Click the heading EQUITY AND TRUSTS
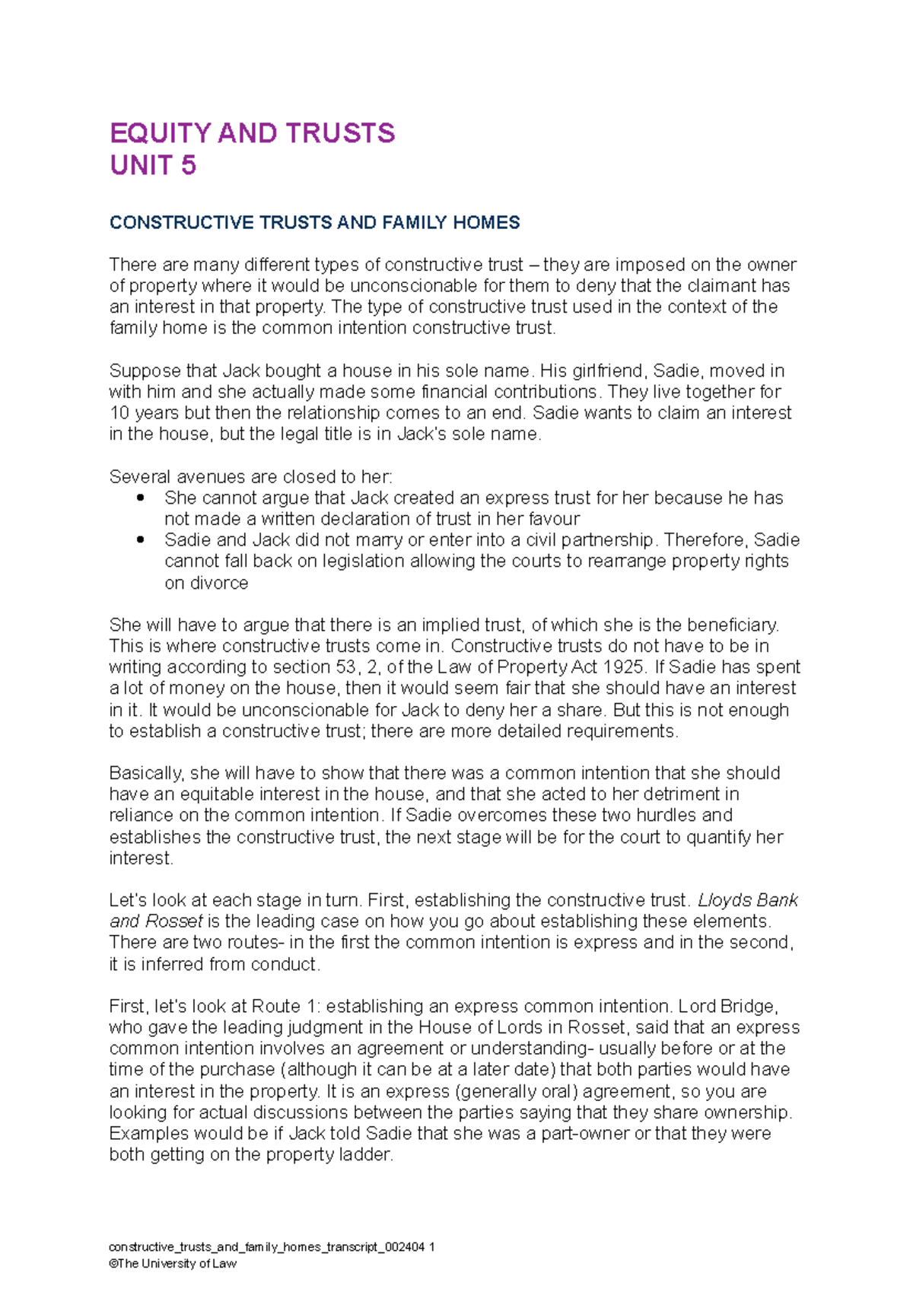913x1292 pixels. click(252, 133)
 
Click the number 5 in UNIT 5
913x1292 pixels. click(188, 165)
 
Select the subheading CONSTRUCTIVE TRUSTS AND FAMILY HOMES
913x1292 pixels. click(314, 222)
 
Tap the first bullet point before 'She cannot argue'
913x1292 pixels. click(140, 498)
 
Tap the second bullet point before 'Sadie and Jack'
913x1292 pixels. click(140, 539)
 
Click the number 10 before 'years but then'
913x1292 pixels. click(119, 413)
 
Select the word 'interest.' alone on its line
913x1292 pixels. click(142, 858)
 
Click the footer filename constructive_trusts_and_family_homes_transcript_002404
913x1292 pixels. click(267, 1247)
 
